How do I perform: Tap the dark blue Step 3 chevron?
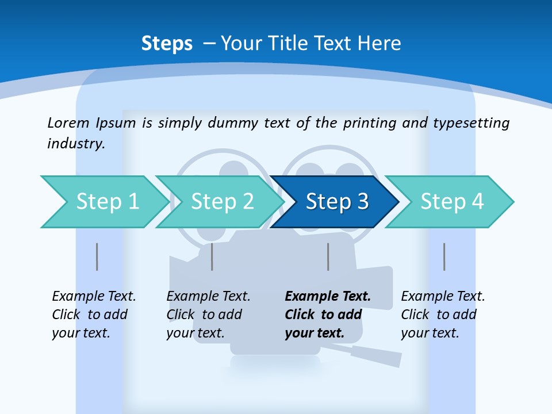coord(337,202)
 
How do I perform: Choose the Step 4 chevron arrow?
coord(452,202)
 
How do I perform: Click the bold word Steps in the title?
coord(167,44)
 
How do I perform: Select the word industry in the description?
coord(76,144)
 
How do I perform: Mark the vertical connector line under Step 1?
coord(97,256)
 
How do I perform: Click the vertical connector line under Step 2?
coord(212,256)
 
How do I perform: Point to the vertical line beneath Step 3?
coord(328,256)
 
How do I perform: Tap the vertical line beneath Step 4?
coord(444,256)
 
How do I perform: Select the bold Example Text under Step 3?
coord(328,315)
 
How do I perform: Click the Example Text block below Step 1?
coord(94,315)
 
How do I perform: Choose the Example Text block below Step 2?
coord(208,315)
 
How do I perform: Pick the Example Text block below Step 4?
coord(443,315)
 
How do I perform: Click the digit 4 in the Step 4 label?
coord(477,202)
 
